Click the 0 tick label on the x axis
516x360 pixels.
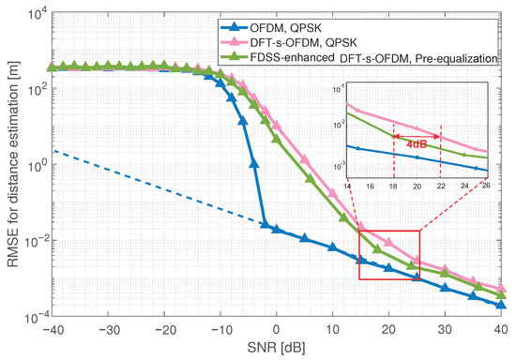tap(276, 329)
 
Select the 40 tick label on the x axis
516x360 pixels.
tap(501, 329)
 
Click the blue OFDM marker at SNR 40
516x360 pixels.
tap(502, 305)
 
